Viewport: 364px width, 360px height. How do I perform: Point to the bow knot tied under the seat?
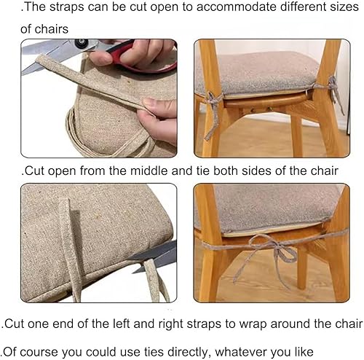click(280, 251)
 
